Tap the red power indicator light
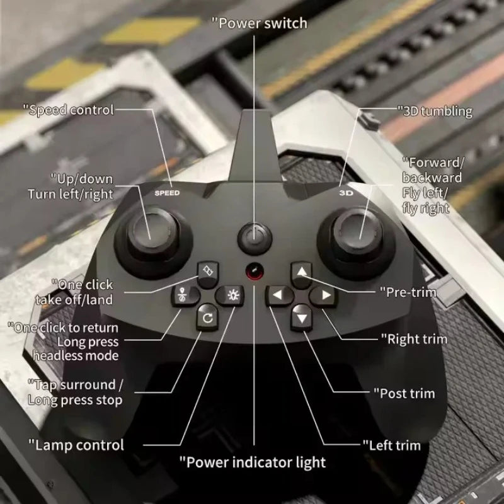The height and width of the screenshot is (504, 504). point(254,272)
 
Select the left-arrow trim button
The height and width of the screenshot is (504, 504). point(278,294)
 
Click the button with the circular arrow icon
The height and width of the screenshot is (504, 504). point(206,317)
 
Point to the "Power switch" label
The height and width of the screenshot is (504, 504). point(259,23)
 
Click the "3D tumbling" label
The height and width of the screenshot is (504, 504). point(435,112)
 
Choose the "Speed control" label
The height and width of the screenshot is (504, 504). point(69,110)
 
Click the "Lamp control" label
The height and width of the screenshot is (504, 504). point(76,445)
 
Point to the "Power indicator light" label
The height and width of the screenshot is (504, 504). point(253,462)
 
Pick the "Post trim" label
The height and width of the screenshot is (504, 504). point(407,393)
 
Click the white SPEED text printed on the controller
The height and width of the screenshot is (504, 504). point(167,193)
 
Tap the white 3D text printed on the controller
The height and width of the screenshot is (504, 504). point(346,193)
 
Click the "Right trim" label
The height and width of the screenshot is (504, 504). point(414,339)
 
